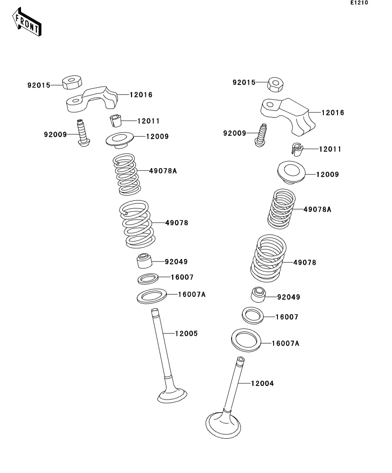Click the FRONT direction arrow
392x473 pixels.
tap(27, 22)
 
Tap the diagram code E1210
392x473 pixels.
tap(359, 3)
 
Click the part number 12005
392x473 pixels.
tap(187, 333)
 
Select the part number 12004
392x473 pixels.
tap(262, 383)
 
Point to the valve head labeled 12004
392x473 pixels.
tap(223, 425)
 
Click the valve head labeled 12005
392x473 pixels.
tap(172, 395)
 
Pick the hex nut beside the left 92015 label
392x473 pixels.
tap(72, 82)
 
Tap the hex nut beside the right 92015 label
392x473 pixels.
tap(275, 84)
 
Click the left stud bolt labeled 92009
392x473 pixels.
tap(82, 133)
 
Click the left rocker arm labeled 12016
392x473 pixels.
tap(92, 99)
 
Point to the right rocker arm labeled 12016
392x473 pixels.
tap(288, 115)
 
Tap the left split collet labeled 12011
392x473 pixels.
tap(115, 121)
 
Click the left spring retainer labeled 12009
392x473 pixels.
tap(120, 140)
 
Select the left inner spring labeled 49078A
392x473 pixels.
tap(127, 174)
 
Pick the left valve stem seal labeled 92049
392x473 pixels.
tap(144, 261)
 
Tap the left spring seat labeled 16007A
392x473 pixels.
tap(152, 296)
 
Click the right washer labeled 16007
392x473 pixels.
tap(253, 316)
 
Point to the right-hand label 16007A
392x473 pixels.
tap(286, 343)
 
